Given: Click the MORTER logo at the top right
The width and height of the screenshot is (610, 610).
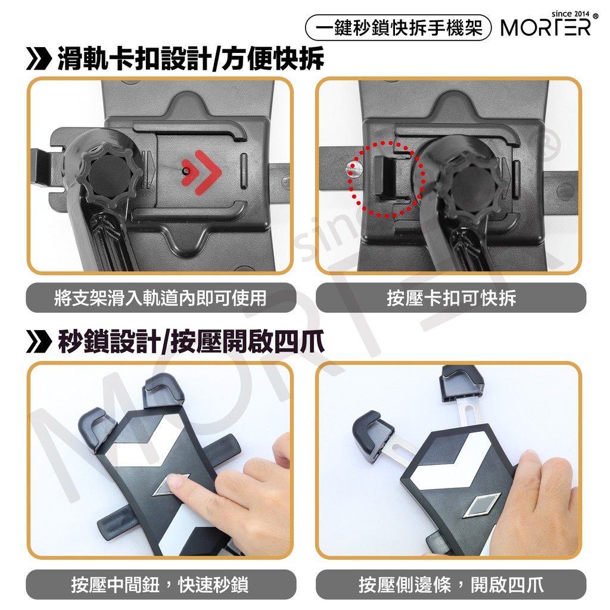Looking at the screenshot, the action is pos(546,27).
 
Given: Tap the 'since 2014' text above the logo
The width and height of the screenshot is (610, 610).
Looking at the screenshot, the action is pos(570,14).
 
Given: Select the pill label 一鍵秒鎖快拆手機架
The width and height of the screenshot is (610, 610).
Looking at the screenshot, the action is pos(399,27).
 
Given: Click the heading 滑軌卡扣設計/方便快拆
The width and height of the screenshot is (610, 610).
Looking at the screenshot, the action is pos(191,59).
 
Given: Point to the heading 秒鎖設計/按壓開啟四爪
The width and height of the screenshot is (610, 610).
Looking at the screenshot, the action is pos(191,342).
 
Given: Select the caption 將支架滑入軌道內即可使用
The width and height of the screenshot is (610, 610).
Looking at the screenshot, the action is pos(161,298).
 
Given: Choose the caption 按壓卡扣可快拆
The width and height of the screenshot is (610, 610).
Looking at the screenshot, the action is pos(452,298).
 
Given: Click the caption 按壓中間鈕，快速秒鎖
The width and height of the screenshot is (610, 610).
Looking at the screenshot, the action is pos(160,585).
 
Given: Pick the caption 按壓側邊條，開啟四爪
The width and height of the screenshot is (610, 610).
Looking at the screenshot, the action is pos(452,585).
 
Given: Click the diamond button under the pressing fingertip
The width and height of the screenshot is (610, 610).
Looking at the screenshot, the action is pos(168,485).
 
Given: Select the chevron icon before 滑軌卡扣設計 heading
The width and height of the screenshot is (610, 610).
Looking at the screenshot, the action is pos(39,59).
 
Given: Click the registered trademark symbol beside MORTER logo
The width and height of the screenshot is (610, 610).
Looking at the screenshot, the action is pos(596,17).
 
